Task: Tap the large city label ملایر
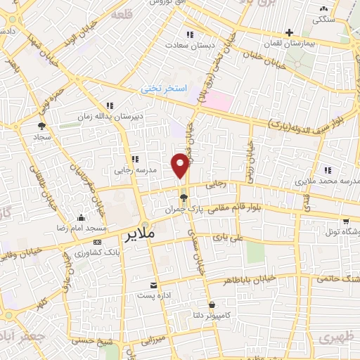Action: (x=139, y=234)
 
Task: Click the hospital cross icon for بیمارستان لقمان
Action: (x=290, y=32)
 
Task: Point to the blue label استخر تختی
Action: (x=165, y=89)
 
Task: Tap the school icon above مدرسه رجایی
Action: (x=134, y=159)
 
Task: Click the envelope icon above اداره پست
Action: (x=153, y=285)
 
